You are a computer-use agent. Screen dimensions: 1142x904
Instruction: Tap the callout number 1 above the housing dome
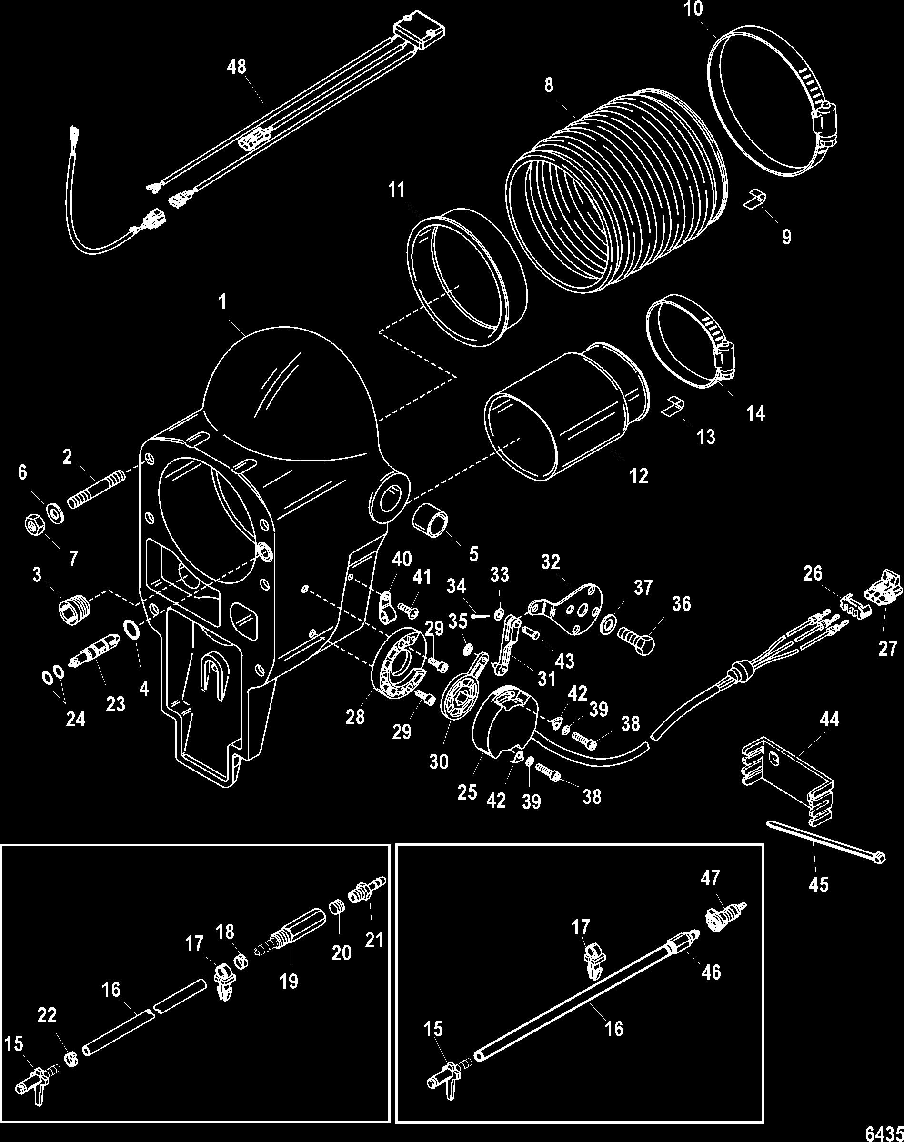click(222, 302)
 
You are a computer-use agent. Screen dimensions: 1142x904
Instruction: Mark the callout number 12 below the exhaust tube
click(639, 475)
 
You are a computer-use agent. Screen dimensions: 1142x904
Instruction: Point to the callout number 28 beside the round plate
click(355, 717)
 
